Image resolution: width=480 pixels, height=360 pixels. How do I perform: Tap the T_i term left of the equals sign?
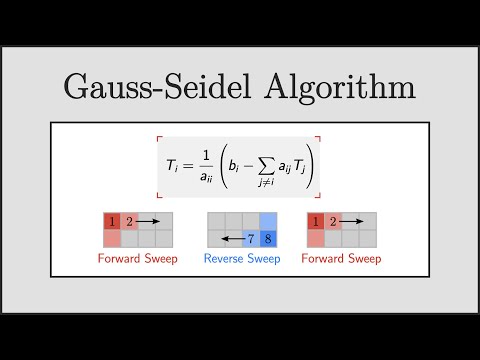coord(175,166)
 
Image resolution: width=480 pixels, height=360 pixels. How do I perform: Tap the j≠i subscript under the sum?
coord(267,181)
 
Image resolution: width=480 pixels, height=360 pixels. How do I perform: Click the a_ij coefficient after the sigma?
coord(285,167)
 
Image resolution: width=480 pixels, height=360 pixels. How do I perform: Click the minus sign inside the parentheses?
coord(253,166)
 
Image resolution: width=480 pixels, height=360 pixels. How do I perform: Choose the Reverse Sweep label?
coord(242,259)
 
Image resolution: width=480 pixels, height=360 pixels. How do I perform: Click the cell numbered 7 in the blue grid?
coord(250,239)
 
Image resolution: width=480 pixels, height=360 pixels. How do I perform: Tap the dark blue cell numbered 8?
coord(267,239)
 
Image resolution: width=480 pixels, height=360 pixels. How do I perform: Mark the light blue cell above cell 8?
coord(267,221)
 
